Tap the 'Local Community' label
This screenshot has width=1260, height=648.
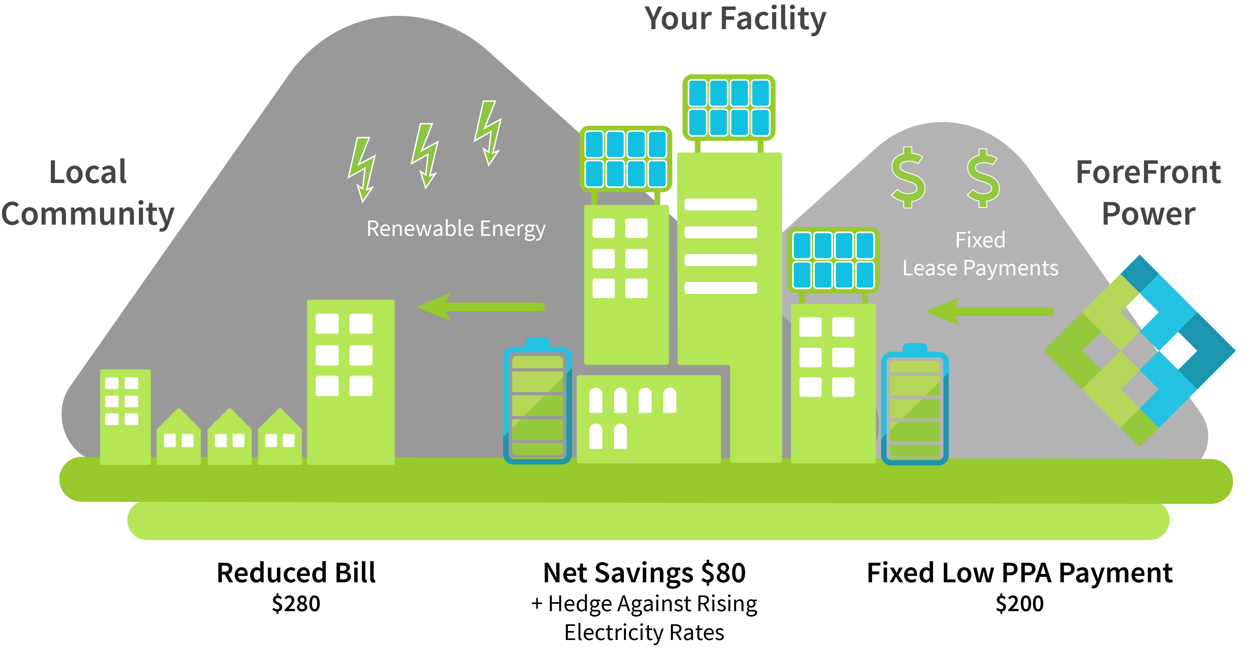click(x=88, y=193)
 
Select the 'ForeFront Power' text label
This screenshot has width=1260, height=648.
click(x=1149, y=193)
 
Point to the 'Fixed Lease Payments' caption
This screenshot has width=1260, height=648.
click(x=980, y=254)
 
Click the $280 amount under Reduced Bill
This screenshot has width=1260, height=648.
click(x=296, y=603)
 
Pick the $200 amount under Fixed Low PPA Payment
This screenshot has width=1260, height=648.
click(x=1020, y=603)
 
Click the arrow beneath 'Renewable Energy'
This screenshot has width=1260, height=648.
click(x=480, y=307)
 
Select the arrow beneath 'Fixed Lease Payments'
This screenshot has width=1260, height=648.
click(x=989, y=311)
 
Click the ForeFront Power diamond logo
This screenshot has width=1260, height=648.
click(x=1140, y=350)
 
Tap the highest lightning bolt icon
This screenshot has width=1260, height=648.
click(x=488, y=133)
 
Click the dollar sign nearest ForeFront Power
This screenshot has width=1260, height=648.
click(x=983, y=178)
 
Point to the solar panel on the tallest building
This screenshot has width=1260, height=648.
click(x=729, y=108)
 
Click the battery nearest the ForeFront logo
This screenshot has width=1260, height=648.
click(x=915, y=404)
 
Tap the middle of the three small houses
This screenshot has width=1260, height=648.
click(x=229, y=436)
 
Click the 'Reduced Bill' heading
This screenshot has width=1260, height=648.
click(x=296, y=573)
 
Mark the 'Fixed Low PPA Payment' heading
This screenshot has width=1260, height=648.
click(x=1020, y=573)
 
